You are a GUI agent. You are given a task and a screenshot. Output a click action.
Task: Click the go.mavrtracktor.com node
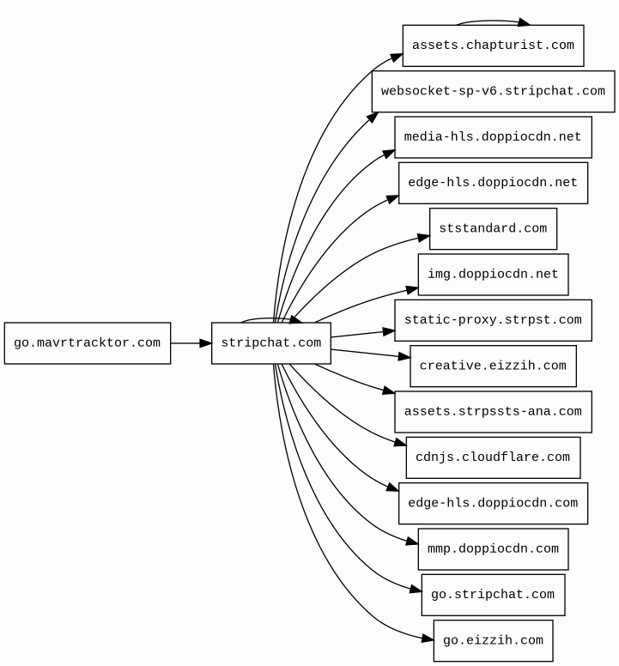point(88,343)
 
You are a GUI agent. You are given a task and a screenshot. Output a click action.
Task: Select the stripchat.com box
point(271,343)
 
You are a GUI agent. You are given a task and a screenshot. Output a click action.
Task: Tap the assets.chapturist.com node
point(493,45)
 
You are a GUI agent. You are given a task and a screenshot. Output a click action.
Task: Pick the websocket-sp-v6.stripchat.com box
point(493,91)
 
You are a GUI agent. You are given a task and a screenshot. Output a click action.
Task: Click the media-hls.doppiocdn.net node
point(493,137)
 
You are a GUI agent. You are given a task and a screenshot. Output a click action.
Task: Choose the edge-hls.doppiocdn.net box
point(493,183)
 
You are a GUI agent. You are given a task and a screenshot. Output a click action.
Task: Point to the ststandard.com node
point(493,228)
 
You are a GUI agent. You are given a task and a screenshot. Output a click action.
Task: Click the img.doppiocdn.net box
point(493,275)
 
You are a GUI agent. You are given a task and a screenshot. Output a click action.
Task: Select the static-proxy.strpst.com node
point(493,320)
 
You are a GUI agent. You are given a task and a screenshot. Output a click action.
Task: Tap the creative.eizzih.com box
point(493,366)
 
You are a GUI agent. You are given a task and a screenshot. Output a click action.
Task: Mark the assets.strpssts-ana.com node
point(493,412)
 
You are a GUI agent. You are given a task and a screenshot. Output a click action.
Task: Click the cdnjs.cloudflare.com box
point(493,457)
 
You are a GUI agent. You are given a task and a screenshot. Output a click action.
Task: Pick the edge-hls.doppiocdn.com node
point(493,503)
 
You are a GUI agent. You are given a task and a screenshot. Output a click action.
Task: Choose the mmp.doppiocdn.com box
point(493,549)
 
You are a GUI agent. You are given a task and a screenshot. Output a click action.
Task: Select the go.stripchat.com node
point(493,595)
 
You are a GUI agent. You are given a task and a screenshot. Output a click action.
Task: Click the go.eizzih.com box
point(493,640)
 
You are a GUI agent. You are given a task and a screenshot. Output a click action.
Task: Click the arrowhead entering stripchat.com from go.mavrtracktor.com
point(206,343)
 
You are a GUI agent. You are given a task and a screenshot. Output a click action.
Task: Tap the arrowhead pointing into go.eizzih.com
point(428,639)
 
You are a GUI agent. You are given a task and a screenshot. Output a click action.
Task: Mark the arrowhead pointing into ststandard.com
point(424,236)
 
